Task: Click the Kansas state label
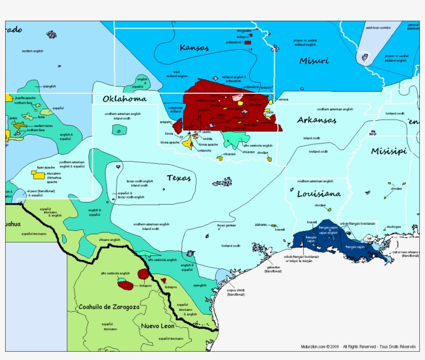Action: click(x=194, y=48)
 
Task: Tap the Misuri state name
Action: click(x=314, y=61)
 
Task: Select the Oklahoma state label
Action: click(x=124, y=98)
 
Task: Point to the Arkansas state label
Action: click(x=317, y=120)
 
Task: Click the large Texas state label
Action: click(x=179, y=178)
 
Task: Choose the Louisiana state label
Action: click(x=319, y=194)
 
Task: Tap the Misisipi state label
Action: click(x=389, y=151)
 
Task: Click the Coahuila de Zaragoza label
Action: click(x=109, y=307)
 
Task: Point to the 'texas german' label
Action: click(x=226, y=225)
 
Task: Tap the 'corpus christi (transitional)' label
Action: click(x=236, y=292)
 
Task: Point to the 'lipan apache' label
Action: click(x=46, y=168)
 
